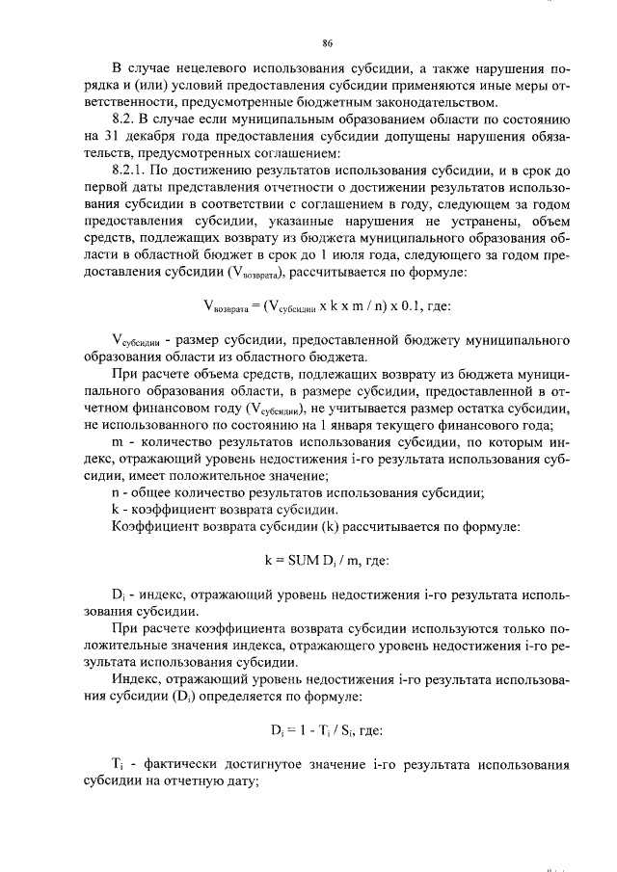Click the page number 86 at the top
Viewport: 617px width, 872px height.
328,43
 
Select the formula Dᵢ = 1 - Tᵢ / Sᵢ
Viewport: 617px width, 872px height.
310,729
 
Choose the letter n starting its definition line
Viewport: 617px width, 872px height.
117,492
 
